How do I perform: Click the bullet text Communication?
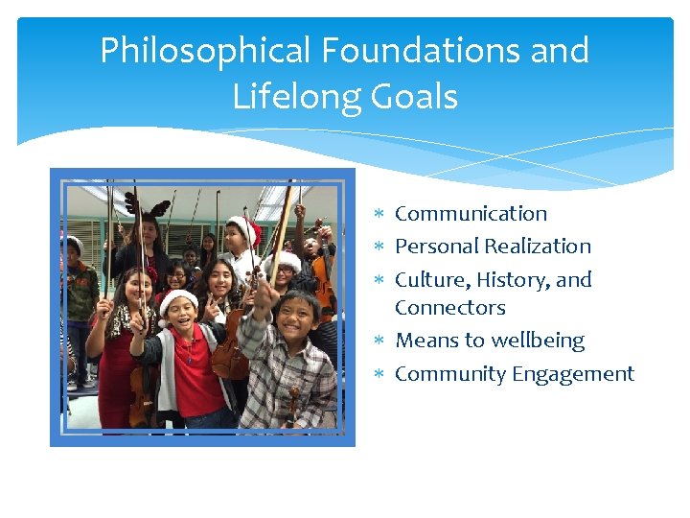click(471, 214)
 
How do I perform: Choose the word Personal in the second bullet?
click(437, 247)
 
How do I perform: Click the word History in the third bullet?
click(513, 280)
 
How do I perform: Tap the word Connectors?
click(449, 308)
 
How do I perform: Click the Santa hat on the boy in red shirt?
click(177, 299)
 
